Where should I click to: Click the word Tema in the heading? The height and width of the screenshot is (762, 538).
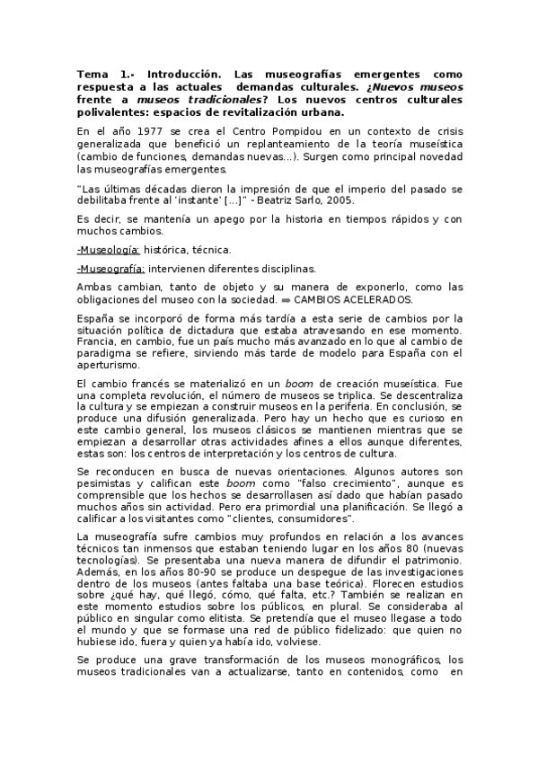tap(91, 72)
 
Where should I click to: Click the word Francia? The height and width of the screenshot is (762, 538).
tap(97, 342)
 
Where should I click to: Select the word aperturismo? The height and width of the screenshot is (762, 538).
tap(109, 366)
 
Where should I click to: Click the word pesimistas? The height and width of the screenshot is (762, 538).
tap(102, 483)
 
